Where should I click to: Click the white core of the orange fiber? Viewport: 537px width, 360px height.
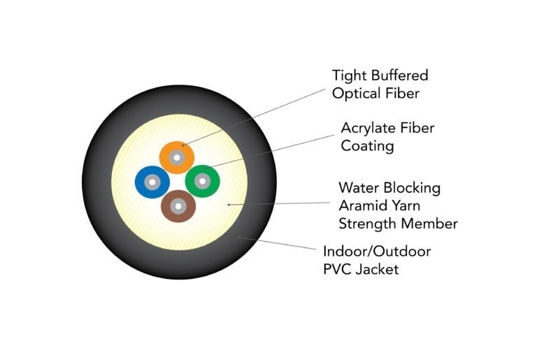[177, 157]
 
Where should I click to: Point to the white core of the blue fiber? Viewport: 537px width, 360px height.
[152, 183]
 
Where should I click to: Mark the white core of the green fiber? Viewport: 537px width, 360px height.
[203, 182]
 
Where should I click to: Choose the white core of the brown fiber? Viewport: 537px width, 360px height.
[178, 206]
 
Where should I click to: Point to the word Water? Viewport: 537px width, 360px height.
[357, 188]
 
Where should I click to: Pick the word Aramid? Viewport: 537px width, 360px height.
[359, 206]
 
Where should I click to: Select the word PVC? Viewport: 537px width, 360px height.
[338, 269]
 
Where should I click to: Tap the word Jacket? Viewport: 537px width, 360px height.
[378, 269]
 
